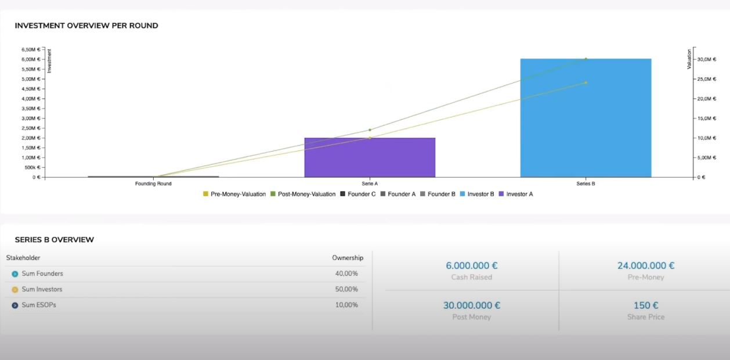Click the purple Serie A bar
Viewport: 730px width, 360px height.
pyautogui.click(x=370, y=157)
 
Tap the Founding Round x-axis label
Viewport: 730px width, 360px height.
pyautogui.click(x=153, y=183)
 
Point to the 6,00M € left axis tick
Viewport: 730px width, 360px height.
pyautogui.click(x=31, y=59)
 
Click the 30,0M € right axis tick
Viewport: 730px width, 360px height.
pyautogui.click(x=707, y=59)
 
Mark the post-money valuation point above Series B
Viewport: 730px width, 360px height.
pyautogui.click(x=586, y=59)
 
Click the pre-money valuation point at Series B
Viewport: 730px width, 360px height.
pyautogui.click(x=586, y=82)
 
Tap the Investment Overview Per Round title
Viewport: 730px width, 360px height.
pyautogui.click(x=86, y=26)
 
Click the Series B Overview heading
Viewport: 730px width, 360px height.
pyautogui.click(x=55, y=240)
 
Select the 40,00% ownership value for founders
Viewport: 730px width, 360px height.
pyautogui.click(x=346, y=273)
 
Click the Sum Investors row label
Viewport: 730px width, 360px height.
pyautogui.click(x=42, y=289)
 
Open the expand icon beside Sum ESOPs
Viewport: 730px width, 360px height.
pyautogui.click(x=15, y=305)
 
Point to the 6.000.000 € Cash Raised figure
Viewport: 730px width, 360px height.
pyautogui.click(x=471, y=266)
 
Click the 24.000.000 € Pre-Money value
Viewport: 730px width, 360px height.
pyautogui.click(x=645, y=266)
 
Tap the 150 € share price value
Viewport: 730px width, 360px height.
pyautogui.click(x=645, y=305)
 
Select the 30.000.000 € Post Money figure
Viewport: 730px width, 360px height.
pyautogui.click(x=471, y=305)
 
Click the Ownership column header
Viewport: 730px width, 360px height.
pyautogui.click(x=347, y=258)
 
